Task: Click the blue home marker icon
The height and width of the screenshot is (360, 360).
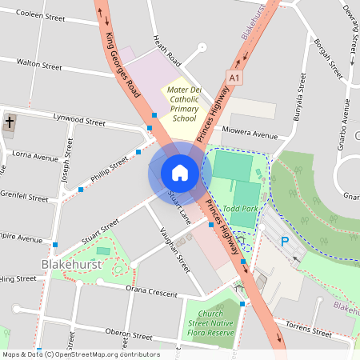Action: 179,172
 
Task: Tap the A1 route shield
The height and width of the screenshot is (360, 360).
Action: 234,78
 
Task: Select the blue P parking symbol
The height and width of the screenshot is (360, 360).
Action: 284,242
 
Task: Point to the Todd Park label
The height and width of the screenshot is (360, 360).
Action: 241,209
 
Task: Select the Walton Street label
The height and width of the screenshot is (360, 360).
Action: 39,63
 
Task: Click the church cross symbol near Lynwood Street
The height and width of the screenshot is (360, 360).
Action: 10,124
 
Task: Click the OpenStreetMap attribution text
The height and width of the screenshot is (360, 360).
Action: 80,354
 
